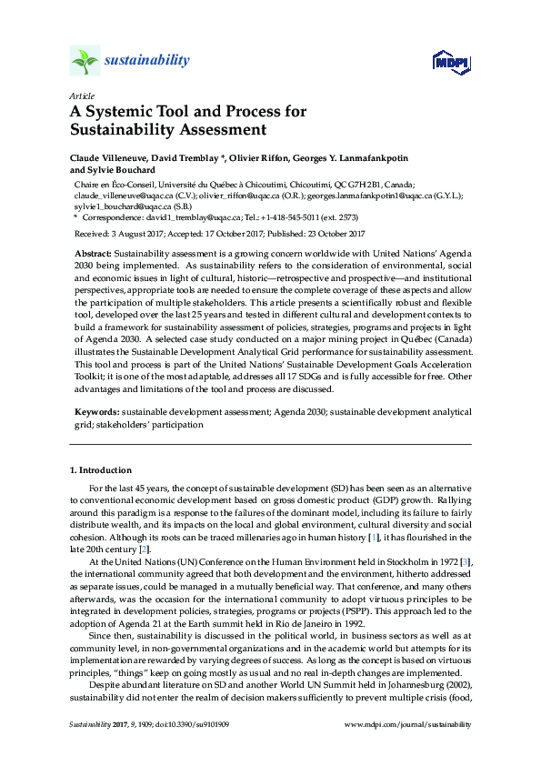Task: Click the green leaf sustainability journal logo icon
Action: coord(85,61)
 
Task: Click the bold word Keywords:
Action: coord(96,412)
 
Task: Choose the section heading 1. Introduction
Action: coord(101,471)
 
